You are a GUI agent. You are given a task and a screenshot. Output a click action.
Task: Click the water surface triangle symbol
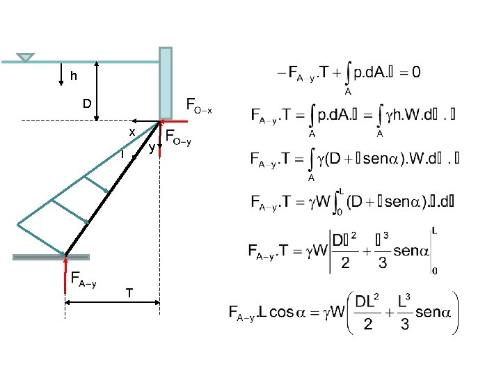tap(26, 56)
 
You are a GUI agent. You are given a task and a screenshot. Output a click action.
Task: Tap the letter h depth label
tap(73, 77)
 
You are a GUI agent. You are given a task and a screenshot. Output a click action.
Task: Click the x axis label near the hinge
tap(131, 132)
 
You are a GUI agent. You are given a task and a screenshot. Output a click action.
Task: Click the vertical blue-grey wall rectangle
tap(165, 82)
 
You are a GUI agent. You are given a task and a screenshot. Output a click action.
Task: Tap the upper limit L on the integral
tap(342, 192)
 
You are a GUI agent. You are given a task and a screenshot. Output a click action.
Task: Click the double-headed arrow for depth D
tap(97, 91)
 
